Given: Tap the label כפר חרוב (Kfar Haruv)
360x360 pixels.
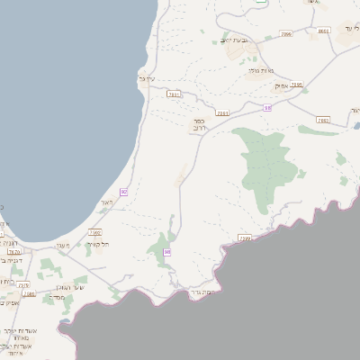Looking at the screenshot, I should (x=199, y=125).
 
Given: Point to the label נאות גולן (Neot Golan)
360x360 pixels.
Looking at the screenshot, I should (x=260, y=70).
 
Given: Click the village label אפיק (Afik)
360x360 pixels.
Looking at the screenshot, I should (x=280, y=85).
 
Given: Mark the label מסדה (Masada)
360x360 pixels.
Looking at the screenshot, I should (x=57, y=298).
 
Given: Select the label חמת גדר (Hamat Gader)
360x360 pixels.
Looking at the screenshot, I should (x=202, y=293).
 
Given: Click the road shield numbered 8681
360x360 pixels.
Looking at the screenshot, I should (x=324, y=31).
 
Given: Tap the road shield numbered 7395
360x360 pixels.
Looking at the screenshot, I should (x=297, y=85).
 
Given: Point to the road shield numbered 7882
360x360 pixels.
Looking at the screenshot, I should (x=323, y=119).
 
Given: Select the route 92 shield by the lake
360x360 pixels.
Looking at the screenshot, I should (x=123, y=192).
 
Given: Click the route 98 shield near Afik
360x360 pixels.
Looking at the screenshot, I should (x=267, y=107).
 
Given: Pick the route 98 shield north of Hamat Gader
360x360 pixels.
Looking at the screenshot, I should (x=167, y=252).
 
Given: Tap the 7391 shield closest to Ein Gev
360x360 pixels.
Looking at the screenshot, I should (x=175, y=93).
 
